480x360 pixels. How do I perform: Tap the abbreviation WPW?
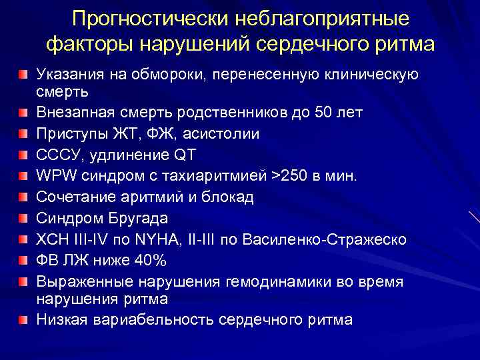[56, 177]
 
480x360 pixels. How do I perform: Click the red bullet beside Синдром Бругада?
[24, 217]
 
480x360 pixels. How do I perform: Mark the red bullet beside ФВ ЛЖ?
[24, 259]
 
